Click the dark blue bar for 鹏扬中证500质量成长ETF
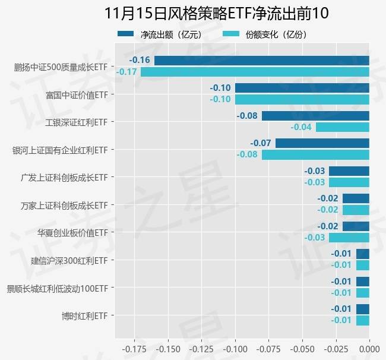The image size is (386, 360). coord(261,61)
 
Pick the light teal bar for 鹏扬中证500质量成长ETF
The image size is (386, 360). coord(255,72)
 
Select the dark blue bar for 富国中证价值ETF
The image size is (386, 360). coord(302,88)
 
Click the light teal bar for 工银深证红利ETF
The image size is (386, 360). coord(342,127)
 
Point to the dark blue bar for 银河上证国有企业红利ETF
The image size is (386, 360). coord(322,143)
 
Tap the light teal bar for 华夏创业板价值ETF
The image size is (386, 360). coord(349,238)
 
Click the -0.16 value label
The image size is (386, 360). coord(140,61)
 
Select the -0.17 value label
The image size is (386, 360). coord(126,72)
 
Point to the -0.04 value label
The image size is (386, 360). coord(301,127)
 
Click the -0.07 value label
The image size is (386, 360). coord(261,143)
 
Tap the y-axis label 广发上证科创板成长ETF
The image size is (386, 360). coord(64,177)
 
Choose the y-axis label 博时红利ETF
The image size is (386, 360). coord(85,315)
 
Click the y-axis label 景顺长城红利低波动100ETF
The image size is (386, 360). coord(57,289)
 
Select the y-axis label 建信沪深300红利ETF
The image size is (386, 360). coord(69,260)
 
